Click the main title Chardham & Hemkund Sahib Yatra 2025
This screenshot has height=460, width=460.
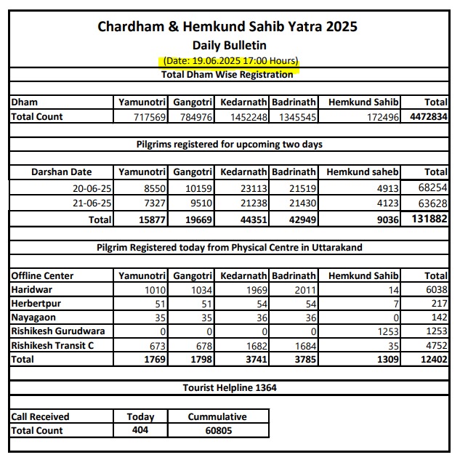click(x=227, y=28)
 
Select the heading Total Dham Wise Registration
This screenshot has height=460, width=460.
click(x=227, y=74)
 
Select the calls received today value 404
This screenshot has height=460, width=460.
click(x=140, y=431)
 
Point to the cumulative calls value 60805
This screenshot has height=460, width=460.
click(x=217, y=431)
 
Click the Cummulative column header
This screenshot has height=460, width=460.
click(x=217, y=417)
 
